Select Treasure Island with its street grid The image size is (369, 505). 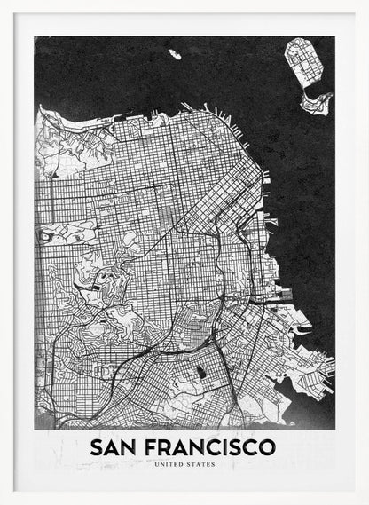[302, 64]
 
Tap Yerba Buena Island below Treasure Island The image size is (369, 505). [315, 101]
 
